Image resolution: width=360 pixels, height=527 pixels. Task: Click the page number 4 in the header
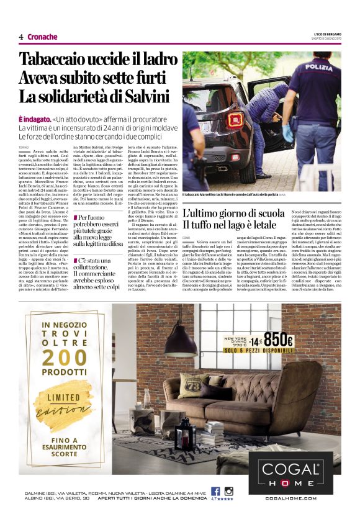click(x=20, y=37)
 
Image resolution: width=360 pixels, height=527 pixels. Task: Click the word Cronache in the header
click(x=43, y=37)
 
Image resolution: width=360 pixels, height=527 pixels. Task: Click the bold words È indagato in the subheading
click(x=35, y=118)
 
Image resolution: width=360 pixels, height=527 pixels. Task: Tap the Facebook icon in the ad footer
click(x=215, y=491)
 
